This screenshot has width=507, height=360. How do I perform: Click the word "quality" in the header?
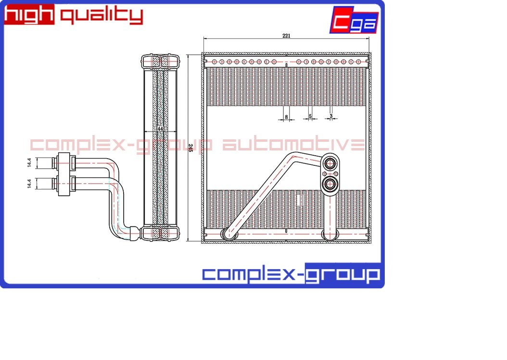tap(101, 16)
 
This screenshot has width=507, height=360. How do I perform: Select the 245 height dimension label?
tap(190, 148)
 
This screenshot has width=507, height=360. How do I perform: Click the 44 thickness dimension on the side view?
tap(160, 129)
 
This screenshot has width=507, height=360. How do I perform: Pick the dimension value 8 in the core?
tap(286, 116)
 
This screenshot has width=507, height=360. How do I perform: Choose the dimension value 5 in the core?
tap(310, 116)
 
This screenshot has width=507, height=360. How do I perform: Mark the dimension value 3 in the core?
tap(331, 116)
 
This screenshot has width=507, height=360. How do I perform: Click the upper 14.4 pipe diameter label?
tap(29, 163)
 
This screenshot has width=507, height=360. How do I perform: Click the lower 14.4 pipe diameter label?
tap(29, 184)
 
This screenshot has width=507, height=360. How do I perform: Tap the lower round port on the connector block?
tap(330, 183)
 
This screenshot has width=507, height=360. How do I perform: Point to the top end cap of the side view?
tap(160, 61)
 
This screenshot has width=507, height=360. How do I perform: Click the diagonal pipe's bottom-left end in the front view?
tap(227, 234)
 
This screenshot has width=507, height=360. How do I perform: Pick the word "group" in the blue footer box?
tap(343, 275)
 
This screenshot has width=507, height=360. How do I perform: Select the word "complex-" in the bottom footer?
tap(253, 275)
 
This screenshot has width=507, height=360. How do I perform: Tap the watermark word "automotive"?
tap(293, 145)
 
